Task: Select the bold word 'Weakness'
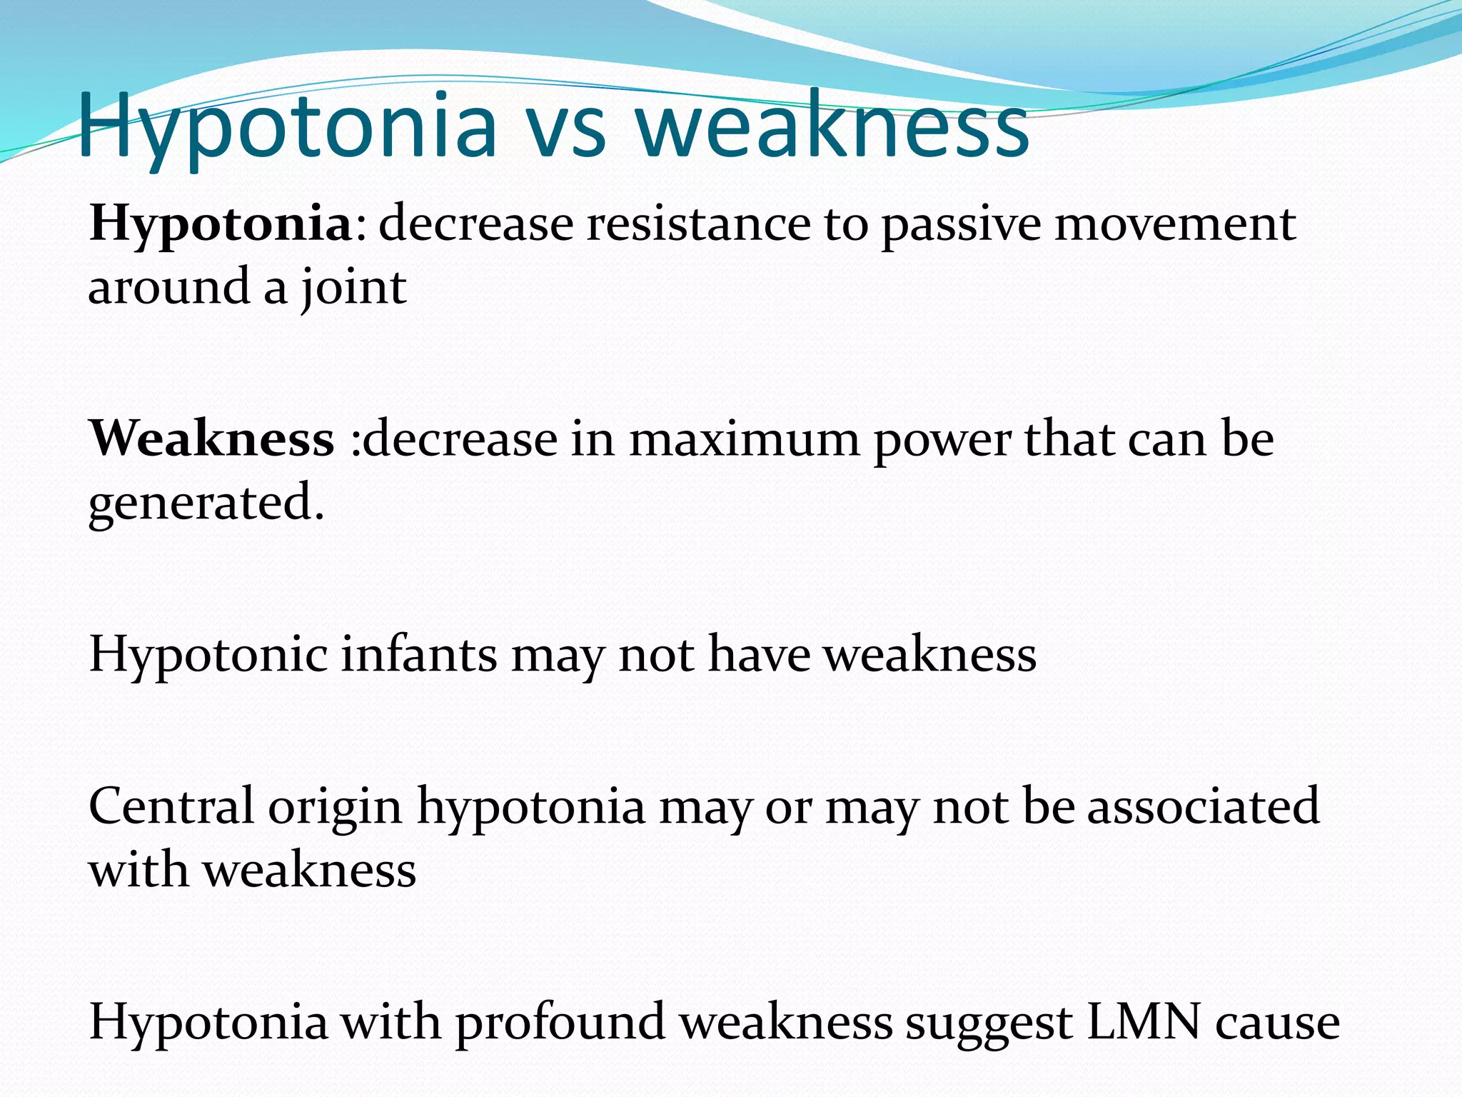[211, 439]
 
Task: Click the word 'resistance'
[698, 224]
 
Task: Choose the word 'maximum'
[744, 440]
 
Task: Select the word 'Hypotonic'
[208, 656]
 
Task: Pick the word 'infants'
[418, 654]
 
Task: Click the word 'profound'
[560, 1023]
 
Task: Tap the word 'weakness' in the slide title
[832, 129]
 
